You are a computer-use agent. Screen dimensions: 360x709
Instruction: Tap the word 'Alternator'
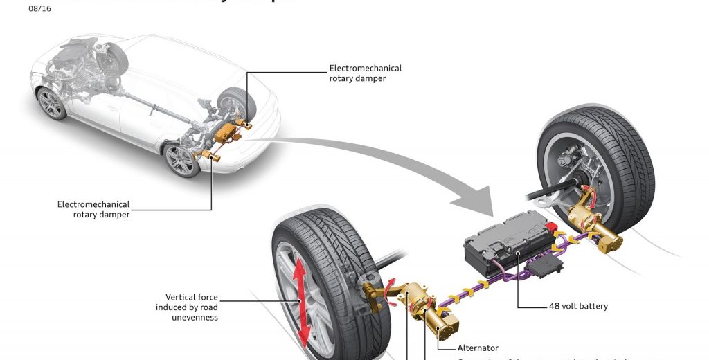tap(478, 348)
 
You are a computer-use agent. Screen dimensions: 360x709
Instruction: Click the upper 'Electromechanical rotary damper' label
tap(366, 73)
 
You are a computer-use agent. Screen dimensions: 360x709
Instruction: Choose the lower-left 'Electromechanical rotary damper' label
tap(94, 209)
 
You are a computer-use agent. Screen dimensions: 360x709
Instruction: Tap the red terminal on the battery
tap(551, 227)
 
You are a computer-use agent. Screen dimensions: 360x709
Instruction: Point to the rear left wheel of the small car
tap(181, 160)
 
